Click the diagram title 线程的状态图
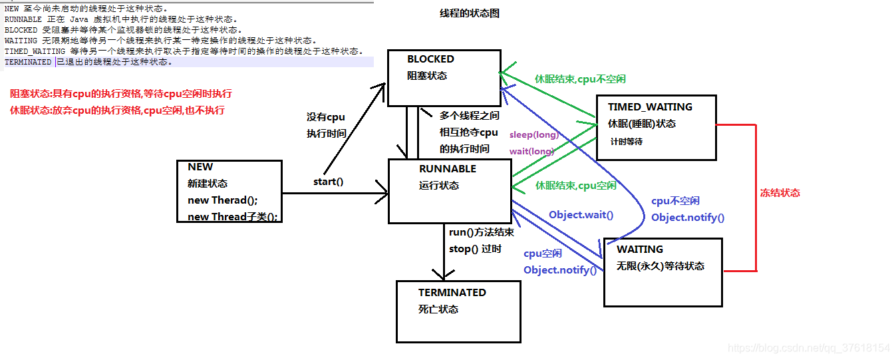click(470, 13)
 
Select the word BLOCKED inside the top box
click(430, 59)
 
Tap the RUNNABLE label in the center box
click(447, 169)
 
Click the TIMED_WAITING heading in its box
click(649, 106)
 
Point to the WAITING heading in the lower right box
click(639, 250)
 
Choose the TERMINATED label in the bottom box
click(452, 293)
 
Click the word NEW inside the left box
click(200, 167)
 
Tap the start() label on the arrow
click(328, 181)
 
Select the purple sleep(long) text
click(533, 135)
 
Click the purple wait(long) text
click(531, 151)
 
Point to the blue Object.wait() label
click(581, 214)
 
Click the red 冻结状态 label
click(780, 193)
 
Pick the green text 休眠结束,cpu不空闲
click(580, 79)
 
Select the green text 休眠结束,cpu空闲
click(575, 186)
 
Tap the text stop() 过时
click(475, 249)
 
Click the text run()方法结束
click(481, 232)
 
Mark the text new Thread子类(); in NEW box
click(232, 217)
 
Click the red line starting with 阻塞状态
click(120, 94)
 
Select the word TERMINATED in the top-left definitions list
click(27, 62)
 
